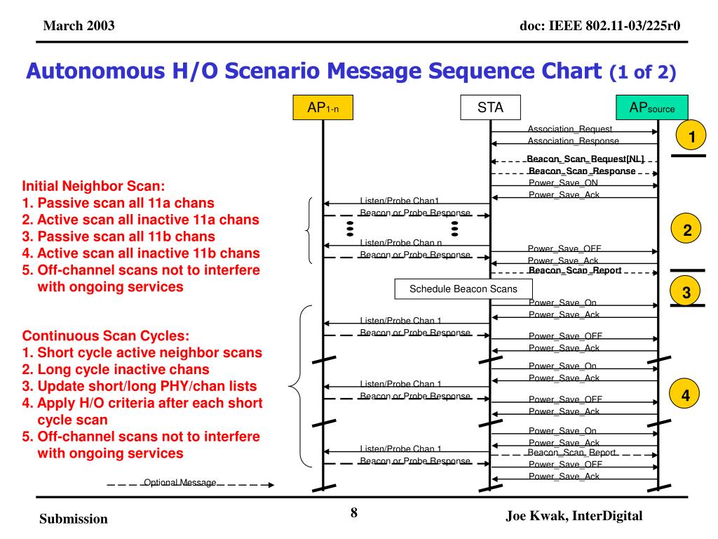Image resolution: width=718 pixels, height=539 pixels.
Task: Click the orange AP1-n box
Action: (x=323, y=108)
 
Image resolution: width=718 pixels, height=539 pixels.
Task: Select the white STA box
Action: (x=490, y=108)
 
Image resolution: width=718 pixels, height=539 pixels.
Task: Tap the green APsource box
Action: (x=651, y=108)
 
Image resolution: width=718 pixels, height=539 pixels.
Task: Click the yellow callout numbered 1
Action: (x=691, y=136)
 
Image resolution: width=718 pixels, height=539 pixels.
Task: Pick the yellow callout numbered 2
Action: (x=688, y=230)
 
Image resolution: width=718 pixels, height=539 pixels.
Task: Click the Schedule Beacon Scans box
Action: (x=463, y=289)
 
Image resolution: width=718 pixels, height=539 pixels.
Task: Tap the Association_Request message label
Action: (x=569, y=129)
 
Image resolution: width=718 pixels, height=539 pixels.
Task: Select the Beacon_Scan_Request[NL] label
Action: (x=585, y=159)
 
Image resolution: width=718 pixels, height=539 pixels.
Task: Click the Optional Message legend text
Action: (x=180, y=483)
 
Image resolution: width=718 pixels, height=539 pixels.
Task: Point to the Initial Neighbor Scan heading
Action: (x=93, y=187)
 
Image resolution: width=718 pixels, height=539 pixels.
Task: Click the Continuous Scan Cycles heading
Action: (x=106, y=335)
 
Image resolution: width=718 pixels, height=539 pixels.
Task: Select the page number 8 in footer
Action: (x=354, y=513)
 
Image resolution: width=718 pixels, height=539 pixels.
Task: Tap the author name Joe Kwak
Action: (x=536, y=516)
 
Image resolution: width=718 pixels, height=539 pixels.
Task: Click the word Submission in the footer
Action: (x=74, y=519)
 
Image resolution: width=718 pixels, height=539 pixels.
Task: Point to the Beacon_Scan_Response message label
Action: (x=582, y=171)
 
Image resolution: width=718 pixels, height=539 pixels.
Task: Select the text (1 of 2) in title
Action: (x=643, y=72)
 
